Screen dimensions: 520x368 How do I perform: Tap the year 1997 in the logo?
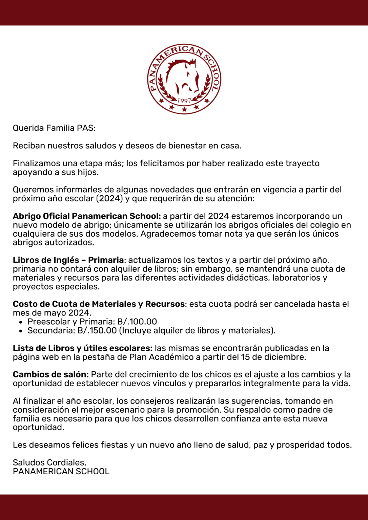184,101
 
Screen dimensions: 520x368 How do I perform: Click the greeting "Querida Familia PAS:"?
54,128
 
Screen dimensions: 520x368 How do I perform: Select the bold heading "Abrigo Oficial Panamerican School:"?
87,216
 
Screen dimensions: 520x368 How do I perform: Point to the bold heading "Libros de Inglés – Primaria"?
68,260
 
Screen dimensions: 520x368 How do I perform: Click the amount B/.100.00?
137,322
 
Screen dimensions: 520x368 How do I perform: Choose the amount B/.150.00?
97,330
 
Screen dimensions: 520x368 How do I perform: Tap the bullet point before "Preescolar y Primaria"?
21,322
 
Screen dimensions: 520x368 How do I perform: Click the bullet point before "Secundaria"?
21,331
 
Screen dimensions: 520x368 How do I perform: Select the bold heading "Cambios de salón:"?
51,374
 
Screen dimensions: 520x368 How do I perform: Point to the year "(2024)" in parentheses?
109,198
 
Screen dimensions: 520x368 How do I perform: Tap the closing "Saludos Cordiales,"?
49,462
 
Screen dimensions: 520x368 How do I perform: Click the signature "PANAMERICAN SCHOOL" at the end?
61,471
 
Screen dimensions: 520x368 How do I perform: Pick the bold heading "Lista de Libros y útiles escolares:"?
83,348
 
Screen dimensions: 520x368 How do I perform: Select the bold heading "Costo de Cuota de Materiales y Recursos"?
99,304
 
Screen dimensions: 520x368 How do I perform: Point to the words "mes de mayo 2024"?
51,313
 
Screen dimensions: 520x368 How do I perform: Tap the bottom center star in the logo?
184,109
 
